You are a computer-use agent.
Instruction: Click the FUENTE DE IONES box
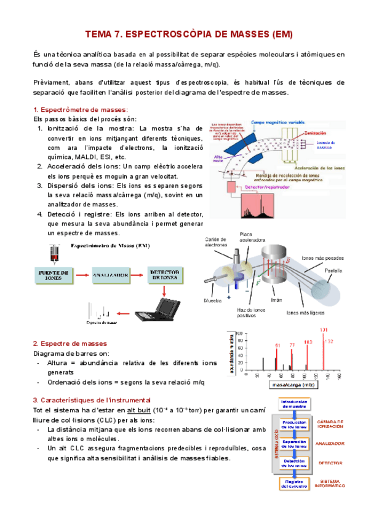pyautogui.click(x=53, y=275)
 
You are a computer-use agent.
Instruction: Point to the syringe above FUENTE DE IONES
pyautogui.click(x=55, y=252)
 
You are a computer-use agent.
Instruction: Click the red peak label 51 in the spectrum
pyautogui.click(x=277, y=346)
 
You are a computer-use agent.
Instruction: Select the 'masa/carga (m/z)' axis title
pyautogui.click(x=291, y=386)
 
